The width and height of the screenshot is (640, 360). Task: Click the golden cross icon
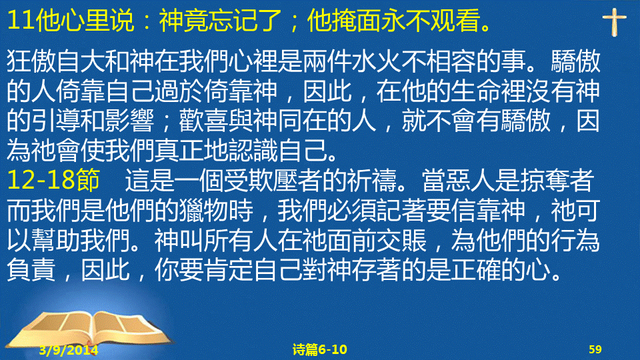click(614, 22)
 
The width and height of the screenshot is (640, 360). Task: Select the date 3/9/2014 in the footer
click(69, 350)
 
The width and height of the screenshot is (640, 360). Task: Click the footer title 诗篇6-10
click(319, 349)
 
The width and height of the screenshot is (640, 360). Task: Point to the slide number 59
click(595, 349)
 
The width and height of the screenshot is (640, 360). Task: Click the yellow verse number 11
click(21, 21)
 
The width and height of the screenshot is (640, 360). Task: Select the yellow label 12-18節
click(53, 179)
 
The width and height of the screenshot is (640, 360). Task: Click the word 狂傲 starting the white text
click(31, 62)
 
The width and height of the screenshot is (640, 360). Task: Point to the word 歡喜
click(204, 121)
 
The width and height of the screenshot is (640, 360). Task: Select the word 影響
click(129, 121)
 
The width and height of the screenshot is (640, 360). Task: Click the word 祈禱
click(372, 180)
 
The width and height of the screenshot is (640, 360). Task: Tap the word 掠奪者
click(557, 180)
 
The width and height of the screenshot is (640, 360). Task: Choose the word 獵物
click(204, 210)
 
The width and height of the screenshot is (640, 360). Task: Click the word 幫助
click(56, 241)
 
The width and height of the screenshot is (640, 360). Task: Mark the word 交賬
click(401, 241)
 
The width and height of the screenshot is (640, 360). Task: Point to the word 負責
click(31, 270)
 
